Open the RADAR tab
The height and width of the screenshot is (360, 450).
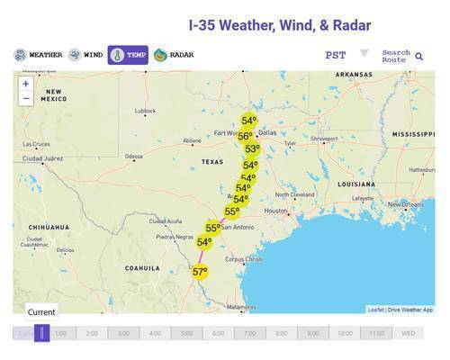[173, 56]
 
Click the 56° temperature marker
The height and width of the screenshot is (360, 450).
[245, 137]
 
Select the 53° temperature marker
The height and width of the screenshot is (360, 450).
[252, 150]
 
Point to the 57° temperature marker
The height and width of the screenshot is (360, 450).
[200, 272]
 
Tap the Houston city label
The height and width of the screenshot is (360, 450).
[276, 211]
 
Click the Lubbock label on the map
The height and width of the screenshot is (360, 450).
[145, 112]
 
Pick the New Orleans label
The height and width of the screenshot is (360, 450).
[401, 204]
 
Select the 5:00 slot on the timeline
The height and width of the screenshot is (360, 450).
[186, 333]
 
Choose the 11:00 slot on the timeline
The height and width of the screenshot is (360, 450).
[376, 333]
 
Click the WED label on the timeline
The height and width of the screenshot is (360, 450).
[408, 333]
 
